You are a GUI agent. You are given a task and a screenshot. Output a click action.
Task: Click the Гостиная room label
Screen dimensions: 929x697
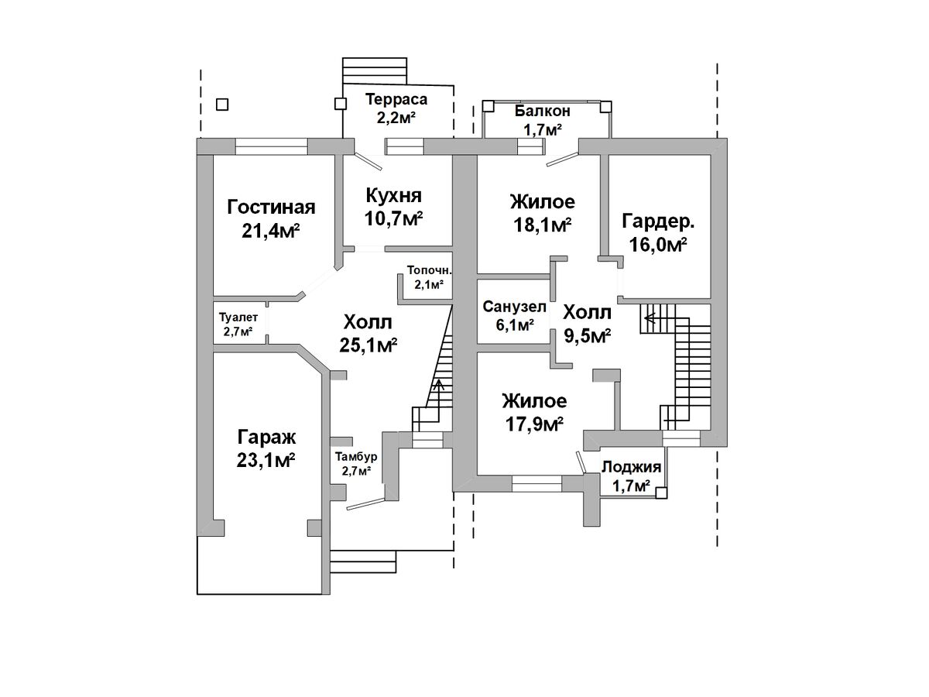(271, 208)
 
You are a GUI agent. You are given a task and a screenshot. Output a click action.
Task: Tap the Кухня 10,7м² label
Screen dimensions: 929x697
(393, 207)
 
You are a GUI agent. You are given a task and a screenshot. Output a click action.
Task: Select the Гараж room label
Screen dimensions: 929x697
(266, 437)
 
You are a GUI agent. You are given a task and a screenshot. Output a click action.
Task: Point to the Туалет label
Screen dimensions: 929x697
(238, 317)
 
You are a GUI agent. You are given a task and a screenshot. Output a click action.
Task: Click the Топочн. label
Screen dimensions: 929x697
(430, 270)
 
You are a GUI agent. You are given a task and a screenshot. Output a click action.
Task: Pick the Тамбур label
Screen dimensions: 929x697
(356, 457)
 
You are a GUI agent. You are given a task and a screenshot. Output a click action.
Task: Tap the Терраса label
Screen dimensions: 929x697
(396, 99)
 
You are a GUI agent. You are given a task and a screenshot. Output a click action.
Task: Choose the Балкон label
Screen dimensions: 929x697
(542, 111)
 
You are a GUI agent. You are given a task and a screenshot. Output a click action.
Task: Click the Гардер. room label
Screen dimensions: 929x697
(658, 221)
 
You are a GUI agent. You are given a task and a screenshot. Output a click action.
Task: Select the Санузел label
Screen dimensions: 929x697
(514, 307)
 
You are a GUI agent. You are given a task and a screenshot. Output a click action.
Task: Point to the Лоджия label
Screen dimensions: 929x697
(631, 467)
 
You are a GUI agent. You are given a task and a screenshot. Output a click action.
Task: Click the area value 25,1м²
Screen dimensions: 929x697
(369, 345)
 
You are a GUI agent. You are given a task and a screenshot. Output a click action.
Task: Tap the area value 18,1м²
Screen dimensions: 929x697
(543, 225)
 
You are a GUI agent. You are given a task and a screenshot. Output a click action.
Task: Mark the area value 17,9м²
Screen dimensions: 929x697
(534, 424)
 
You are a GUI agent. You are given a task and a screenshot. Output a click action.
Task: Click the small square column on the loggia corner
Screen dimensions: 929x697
(661, 493)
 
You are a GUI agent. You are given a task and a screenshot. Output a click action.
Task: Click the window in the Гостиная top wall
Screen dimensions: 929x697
(271, 146)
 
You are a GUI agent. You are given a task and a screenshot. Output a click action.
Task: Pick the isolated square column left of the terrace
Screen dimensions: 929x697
(222, 104)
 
